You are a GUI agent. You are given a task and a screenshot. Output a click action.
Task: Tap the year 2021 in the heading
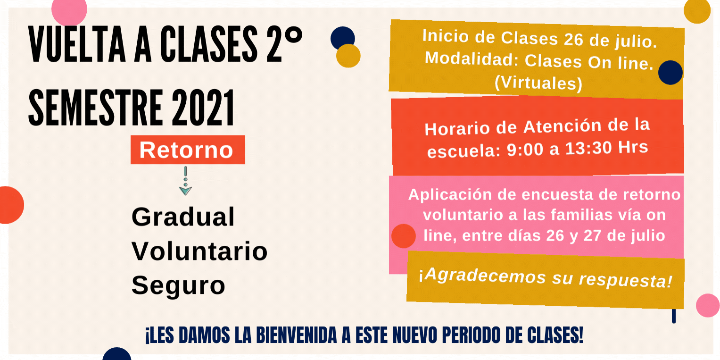click(x=203, y=108)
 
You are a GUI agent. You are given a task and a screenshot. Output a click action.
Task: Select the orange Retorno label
click(x=188, y=150)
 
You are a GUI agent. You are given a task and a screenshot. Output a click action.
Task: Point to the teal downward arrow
click(x=185, y=181)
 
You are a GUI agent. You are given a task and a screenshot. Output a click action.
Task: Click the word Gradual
click(x=183, y=217)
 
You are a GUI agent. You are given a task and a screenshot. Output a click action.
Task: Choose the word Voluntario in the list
click(x=199, y=251)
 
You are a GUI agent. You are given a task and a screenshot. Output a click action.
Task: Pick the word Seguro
click(x=178, y=285)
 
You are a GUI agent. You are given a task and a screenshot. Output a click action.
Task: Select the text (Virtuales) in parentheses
click(x=538, y=83)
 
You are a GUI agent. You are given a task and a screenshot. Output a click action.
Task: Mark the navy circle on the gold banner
click(x=670, y=73)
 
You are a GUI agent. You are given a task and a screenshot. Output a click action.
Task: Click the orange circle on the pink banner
click(x=404, y=236)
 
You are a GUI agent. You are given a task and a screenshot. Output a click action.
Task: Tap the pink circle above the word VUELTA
click(x=69, y=10)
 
